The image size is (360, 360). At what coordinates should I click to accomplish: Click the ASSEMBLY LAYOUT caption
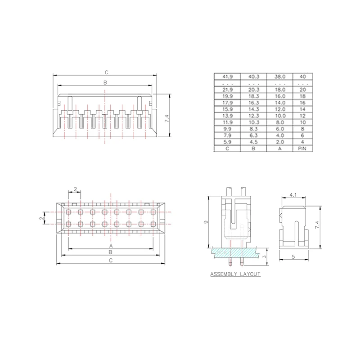[x=235, y=274]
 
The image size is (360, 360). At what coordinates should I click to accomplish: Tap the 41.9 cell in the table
[x=227, y=76]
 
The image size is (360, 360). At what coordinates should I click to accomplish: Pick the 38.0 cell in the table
[x=279, y=76]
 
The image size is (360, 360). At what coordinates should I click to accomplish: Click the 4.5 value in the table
[x=253, y=141]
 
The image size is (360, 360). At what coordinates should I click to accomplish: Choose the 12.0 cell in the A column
[x=279, y=109]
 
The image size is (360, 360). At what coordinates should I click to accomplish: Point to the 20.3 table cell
[x=253, y=90]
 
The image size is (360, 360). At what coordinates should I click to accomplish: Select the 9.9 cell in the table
[x=227, y=128]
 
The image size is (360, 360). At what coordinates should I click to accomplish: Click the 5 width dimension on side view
[x=294, y=257]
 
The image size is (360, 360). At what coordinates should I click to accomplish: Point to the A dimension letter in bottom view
[x=111, y=246]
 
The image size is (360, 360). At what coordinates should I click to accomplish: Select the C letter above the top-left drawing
[x=106, y=72]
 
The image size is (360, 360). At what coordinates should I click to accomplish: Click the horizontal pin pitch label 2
[x=75, y=189]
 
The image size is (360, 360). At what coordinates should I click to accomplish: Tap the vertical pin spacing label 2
[x=41, y=218]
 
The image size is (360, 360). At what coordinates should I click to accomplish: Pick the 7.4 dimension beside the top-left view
[x=166, y=119]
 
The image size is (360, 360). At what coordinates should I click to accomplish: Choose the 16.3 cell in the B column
[x=253, y=103]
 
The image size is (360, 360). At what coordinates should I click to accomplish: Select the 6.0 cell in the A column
[x=279, y=128]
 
